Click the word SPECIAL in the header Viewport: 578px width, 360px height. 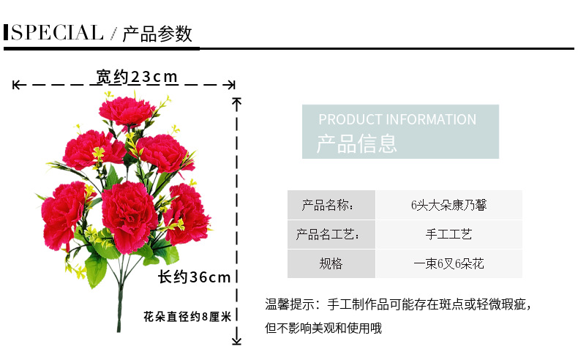click(x=57, y=33)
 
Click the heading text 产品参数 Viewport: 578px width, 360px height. click(x=157, y=34)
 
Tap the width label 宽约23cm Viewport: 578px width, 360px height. click(x=137, y=77)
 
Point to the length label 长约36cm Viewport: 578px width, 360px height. click(x=195, y=277)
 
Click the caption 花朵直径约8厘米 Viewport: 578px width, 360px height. click(x=187, y=317)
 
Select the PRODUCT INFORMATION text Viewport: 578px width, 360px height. click(x=397, y=119)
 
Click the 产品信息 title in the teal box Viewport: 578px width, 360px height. click(x=357, y=143)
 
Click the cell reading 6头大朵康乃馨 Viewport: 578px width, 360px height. click(x=448, y=205)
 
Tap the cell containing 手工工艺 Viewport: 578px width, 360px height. click(x=448, y=234)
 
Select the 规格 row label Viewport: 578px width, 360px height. click(x=331, y=263)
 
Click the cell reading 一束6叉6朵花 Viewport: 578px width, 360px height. click(x=448, y=263)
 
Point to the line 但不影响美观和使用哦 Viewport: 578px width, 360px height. click(x=323, y=329)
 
